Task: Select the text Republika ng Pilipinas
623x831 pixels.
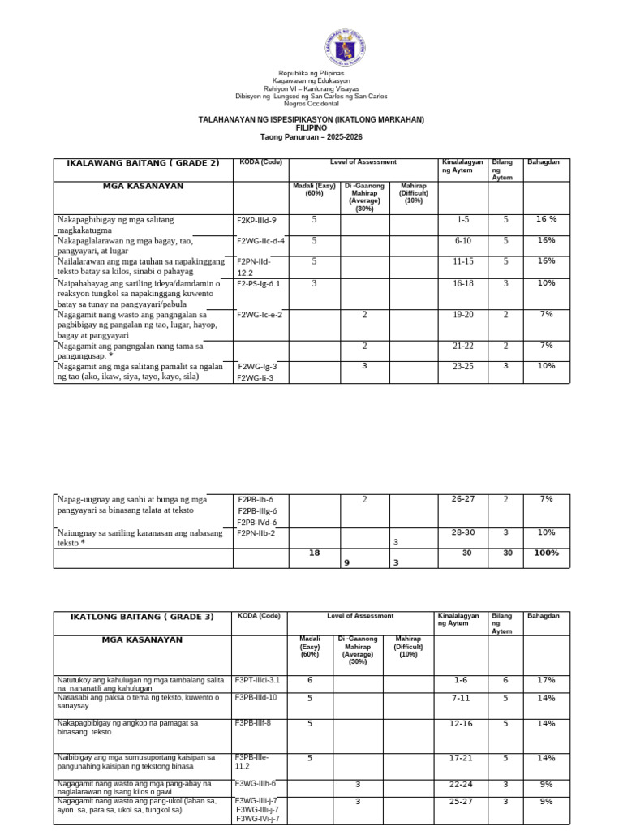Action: (311, 73)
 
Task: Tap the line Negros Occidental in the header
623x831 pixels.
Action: (311, 103)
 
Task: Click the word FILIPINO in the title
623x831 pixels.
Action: (311, 128)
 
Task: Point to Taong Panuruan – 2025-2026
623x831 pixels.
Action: (311, 136)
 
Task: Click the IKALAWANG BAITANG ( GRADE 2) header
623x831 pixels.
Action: (144, 163)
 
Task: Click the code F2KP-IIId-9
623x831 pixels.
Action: (257, 221)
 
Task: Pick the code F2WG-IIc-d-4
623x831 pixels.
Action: (260, 241)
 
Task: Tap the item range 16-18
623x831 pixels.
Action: (462, 283)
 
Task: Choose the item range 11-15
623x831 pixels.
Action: (462, 261)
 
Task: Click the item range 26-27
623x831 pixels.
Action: (462, 499)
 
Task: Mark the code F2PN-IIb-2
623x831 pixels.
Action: (256, 533)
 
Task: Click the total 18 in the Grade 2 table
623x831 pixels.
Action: (314, 553)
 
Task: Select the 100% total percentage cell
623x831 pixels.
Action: (547, 553)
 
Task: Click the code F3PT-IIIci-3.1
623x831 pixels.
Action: (257, 679)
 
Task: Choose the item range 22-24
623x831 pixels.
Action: (460, 784)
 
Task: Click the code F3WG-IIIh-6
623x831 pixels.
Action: (256, 783)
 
